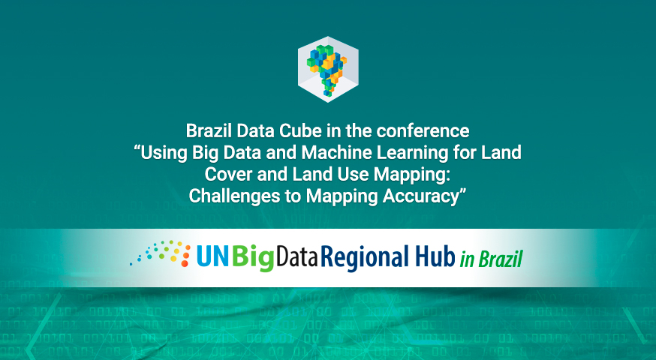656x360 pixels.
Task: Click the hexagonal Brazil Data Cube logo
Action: [328, 69]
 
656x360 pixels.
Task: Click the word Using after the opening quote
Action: [164, 153]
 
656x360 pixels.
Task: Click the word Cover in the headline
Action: [228, 174]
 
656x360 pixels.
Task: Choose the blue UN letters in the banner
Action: [213, 256]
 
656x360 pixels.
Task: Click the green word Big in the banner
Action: [253, 257]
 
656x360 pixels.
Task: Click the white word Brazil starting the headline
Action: [209, 130]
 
